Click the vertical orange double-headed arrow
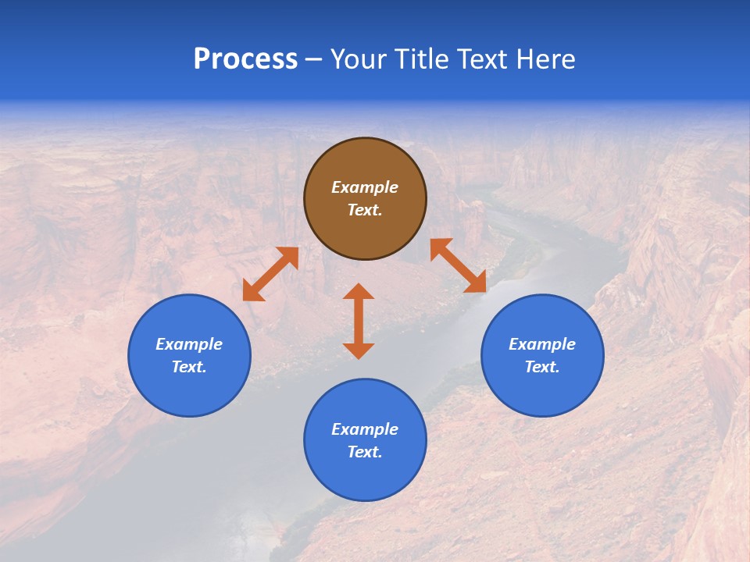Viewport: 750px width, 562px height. click(359, 321)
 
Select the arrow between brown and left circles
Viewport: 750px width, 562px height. click(270, 274)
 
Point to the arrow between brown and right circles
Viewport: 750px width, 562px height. click(458, 265)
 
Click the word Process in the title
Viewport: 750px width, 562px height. click(245, 59)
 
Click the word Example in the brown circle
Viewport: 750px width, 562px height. click(365, 187)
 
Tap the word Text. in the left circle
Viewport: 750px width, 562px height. click(189, 367)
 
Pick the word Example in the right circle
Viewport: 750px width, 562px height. click(542, 344)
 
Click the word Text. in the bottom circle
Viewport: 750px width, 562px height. click(365, 452)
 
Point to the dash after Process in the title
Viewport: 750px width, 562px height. click(314, 60)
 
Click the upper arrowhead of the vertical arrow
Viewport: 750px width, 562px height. click(359, 292)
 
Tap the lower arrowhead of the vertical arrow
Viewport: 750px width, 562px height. click(359, 350)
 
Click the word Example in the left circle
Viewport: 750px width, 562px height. click(189, 344)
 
